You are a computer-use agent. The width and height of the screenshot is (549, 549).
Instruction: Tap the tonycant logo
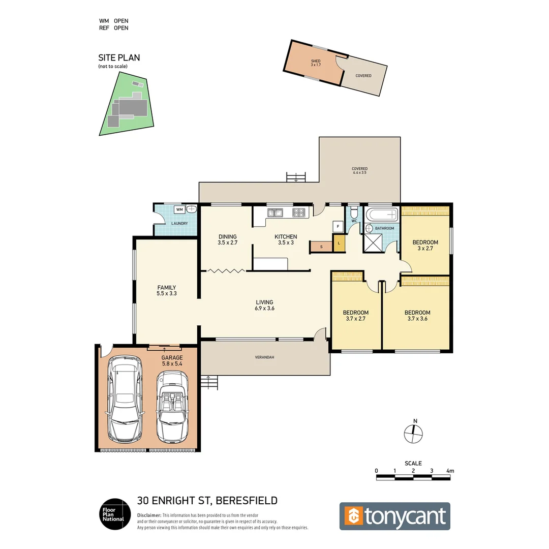tap(394, 516)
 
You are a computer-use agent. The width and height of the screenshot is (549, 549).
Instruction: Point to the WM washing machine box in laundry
tap(179, 209)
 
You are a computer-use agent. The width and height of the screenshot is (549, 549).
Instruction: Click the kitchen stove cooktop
tap(299, 213)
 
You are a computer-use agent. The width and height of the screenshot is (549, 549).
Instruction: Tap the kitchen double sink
tap(276, 213)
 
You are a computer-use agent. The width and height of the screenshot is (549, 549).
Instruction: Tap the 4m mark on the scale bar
tap(449, 471)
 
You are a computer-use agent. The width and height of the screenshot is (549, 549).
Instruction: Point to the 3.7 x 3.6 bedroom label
tap(417, 316)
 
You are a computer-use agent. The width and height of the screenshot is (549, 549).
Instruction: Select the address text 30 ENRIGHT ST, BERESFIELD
tap(207, 500)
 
